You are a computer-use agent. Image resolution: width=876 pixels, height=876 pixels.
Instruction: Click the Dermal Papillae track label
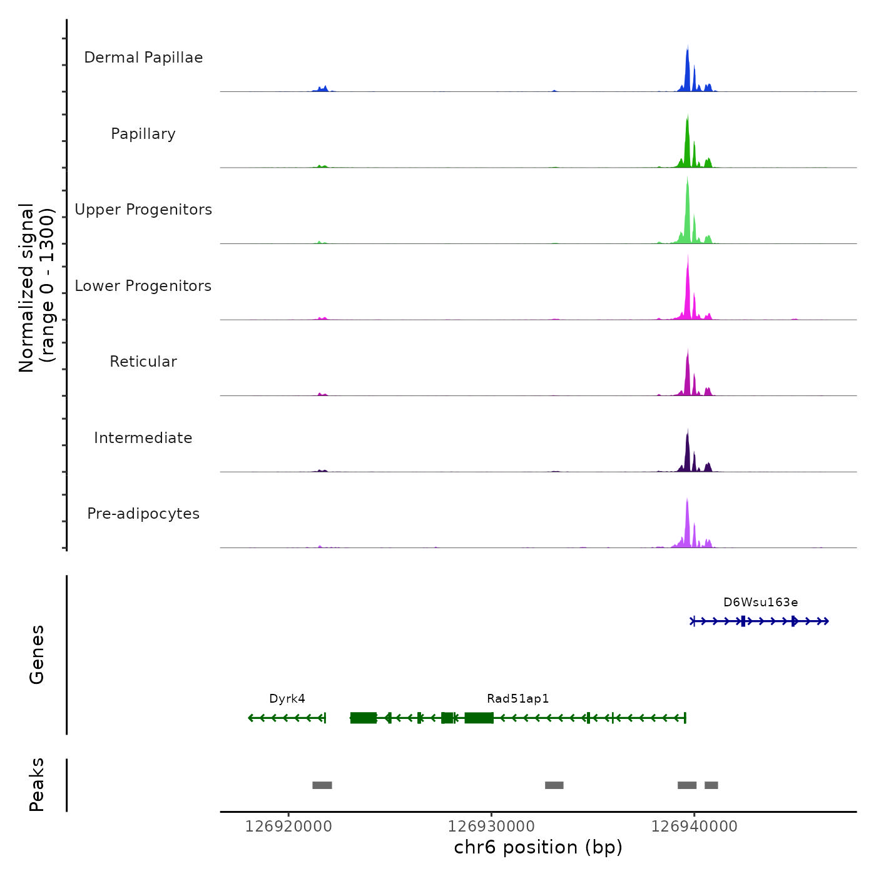[x=143, y=58]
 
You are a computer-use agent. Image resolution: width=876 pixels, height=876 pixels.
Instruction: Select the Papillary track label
[x=143, y=134]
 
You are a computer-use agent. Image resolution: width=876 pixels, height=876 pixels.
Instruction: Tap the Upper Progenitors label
[x=143, y=210]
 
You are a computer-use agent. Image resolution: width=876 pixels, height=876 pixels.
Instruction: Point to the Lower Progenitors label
[x=143, y=286]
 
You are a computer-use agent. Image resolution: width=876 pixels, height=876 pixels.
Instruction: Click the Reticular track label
[x=143, y=362]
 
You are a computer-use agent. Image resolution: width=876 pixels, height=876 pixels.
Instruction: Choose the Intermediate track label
[x=143, y=438]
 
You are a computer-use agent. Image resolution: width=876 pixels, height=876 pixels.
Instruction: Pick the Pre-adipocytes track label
[x=143, y=514]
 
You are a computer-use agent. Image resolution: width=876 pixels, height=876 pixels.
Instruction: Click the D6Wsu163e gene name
[x=760, y=603]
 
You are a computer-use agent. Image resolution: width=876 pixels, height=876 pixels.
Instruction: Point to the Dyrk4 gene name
[x=287, y=699]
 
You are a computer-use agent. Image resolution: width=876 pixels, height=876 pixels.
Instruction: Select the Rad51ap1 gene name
[x=517, y=699]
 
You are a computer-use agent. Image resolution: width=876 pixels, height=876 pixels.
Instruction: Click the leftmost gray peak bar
[x=322, y=785]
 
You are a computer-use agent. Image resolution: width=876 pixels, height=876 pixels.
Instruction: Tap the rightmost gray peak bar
[x=711, y=785]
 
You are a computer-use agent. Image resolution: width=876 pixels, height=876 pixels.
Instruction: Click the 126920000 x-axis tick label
[x=288, y=827]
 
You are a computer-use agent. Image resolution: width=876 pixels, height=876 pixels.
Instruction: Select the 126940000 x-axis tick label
[x=694, y=827]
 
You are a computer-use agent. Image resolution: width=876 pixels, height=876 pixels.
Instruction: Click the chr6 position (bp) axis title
[x=538, y=847]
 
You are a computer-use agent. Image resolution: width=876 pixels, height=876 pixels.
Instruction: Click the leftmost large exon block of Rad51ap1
[x=364, y=718]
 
